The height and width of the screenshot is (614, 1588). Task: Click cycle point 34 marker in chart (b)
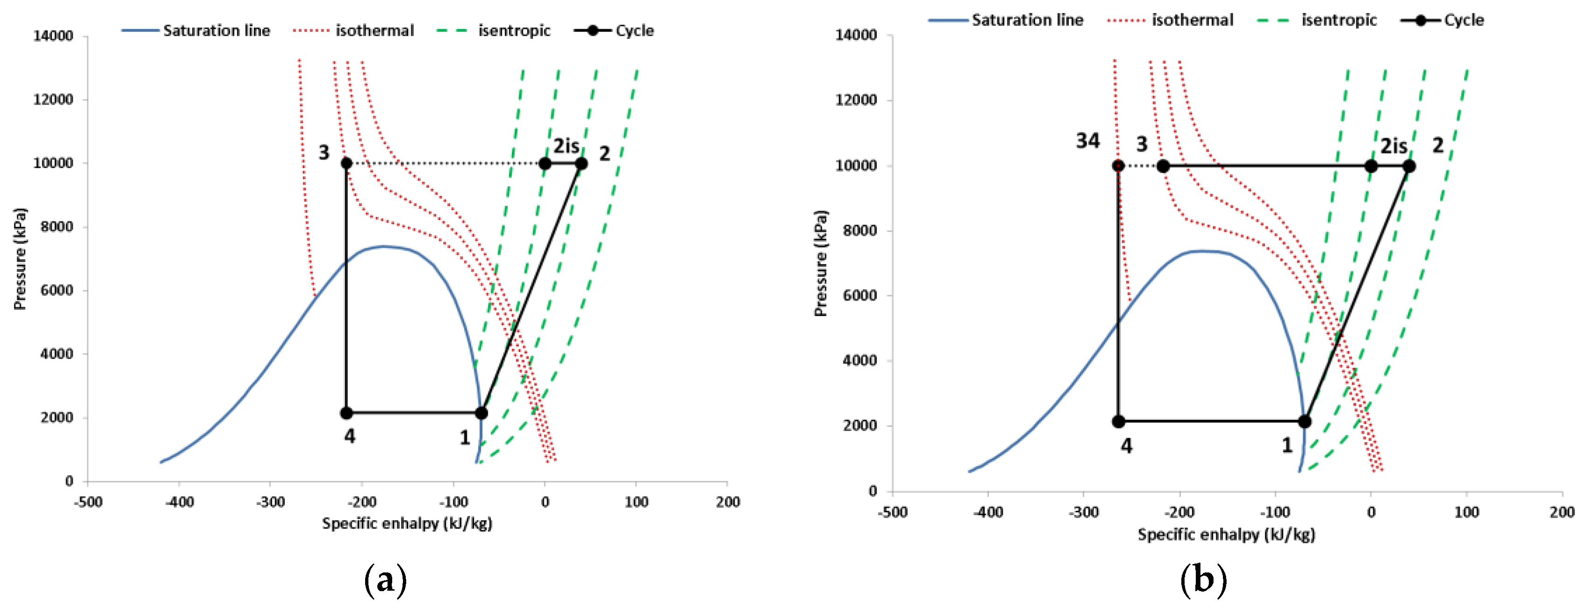coord(1118,166)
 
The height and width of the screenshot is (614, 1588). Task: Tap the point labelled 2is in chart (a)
coord(545,163)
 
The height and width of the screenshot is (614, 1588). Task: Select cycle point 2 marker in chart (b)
coord(1409,166)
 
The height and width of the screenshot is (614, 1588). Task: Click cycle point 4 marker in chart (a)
coord(346,413)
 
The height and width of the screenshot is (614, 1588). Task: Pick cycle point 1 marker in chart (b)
coord(1305,422)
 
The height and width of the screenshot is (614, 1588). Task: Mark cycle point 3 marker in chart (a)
coord(346,163)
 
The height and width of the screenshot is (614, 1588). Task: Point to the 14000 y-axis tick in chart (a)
coord(53,36)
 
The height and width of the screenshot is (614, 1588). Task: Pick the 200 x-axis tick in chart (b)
coord(1561,512)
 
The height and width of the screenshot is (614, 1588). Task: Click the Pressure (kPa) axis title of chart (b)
coord(820,264)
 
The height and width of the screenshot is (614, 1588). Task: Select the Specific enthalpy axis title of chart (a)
coord(407,523)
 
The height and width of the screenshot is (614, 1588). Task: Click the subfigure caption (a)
coord(385,580)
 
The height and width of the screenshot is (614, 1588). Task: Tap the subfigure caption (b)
coord(1203,580)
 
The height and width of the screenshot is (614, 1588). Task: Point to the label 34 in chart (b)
coord(1088,141)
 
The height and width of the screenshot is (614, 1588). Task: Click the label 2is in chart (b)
coord(1393,146)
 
